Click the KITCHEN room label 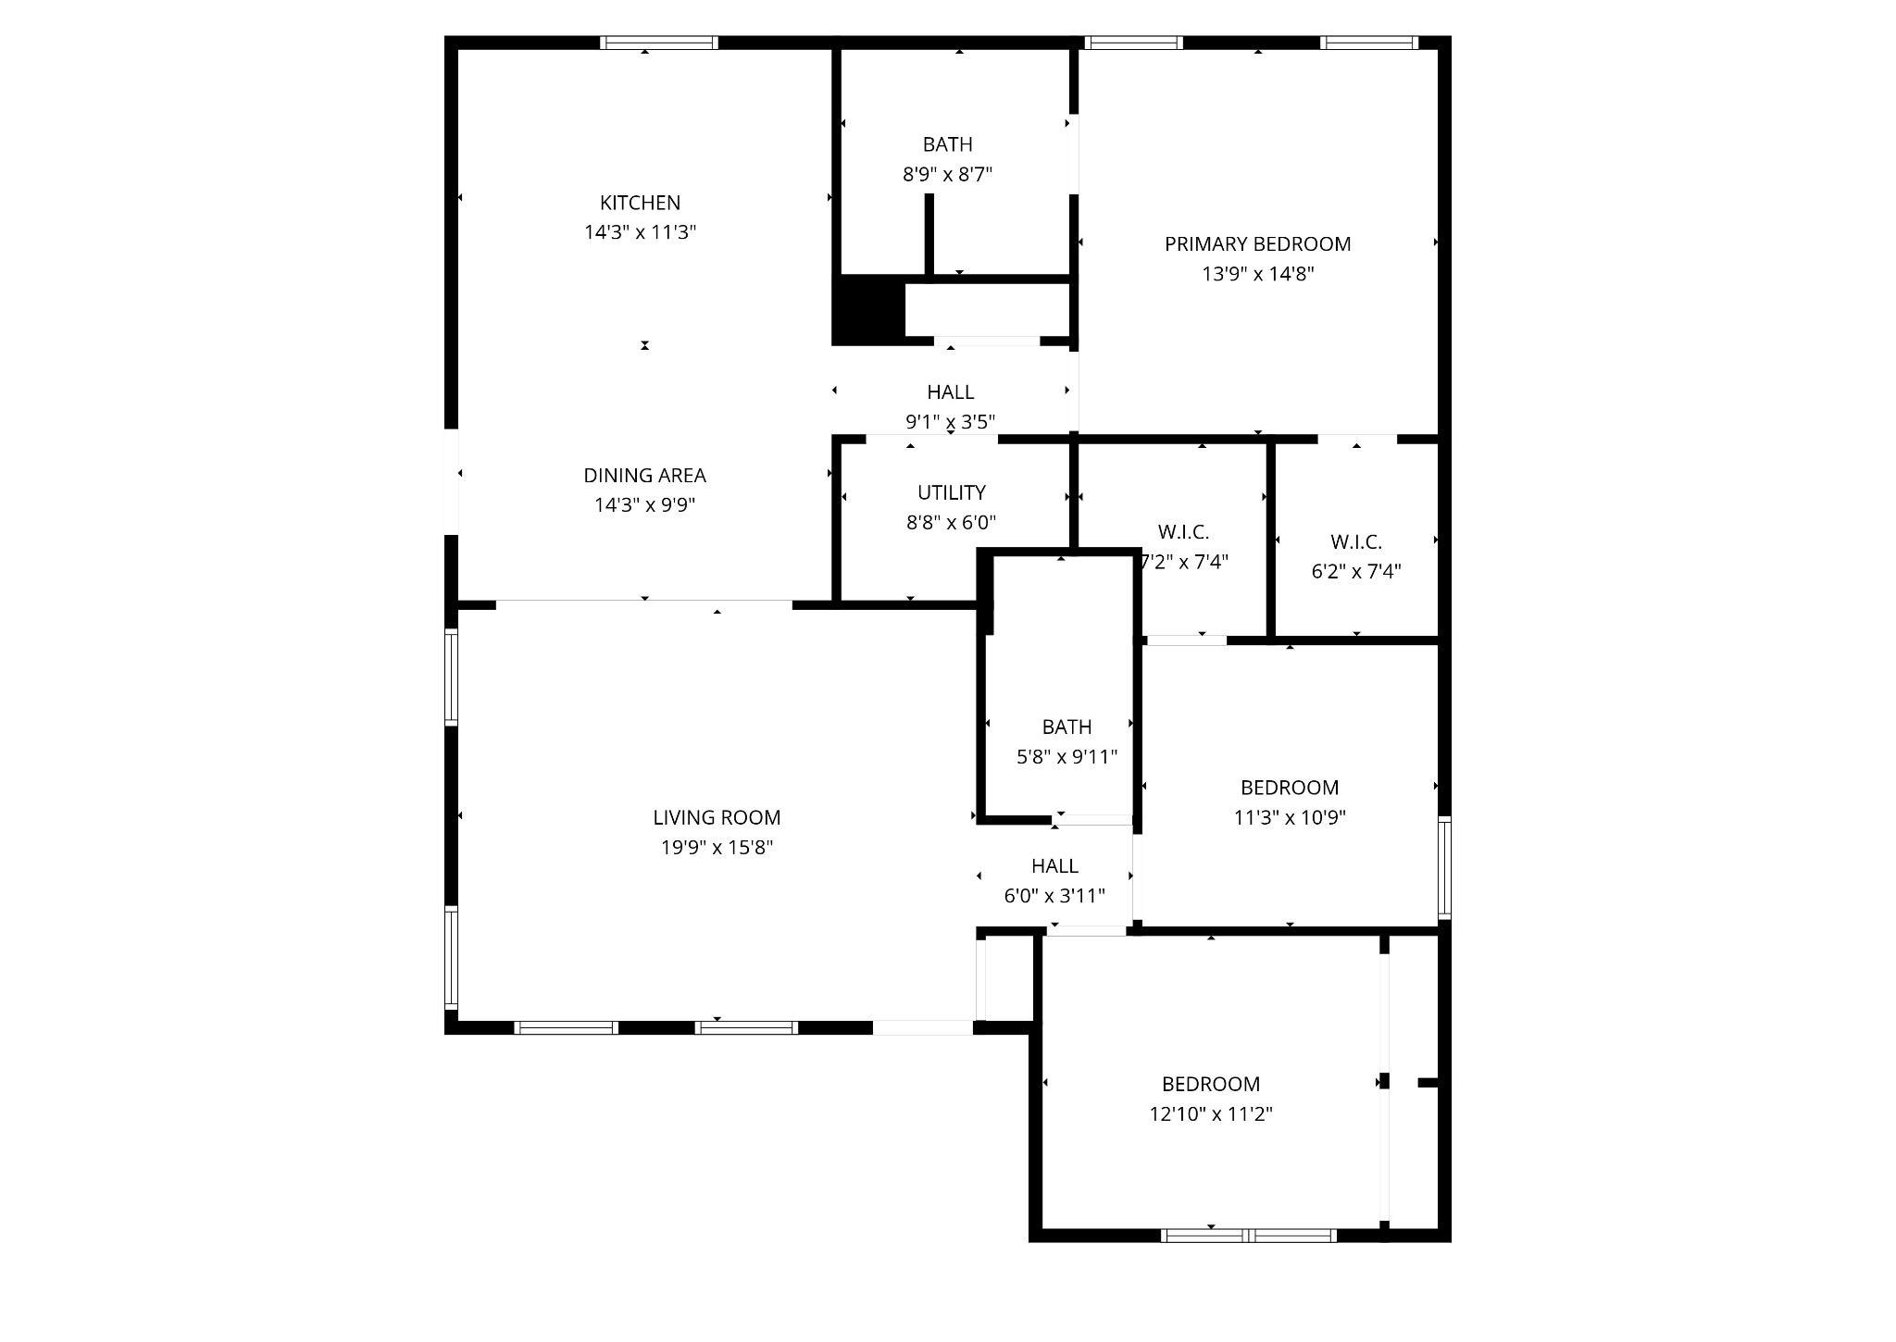pos(640,203)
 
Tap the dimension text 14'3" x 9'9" pos(644,504)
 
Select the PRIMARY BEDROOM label pos(1257,244)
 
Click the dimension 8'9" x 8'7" pos(947,174)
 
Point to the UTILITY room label pos(951,492)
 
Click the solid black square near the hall pos(868,309)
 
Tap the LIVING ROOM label pos(717,817)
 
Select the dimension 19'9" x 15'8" pos(717,847)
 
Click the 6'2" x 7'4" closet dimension pos(1355,571)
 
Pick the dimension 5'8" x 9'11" pos(1066,757)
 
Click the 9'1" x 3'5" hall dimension pos(950,422)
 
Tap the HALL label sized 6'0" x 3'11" pos(1054,865)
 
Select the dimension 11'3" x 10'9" pos(1289,817)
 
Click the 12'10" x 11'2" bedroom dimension pos(1210,1113)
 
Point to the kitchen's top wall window pos(658,43)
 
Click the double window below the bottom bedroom pos(1248,1235)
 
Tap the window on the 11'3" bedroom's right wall pos(1444,868)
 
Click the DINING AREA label pos(644,475)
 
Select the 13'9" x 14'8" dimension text pos(1257,274)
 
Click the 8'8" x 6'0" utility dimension pos(951,522)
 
